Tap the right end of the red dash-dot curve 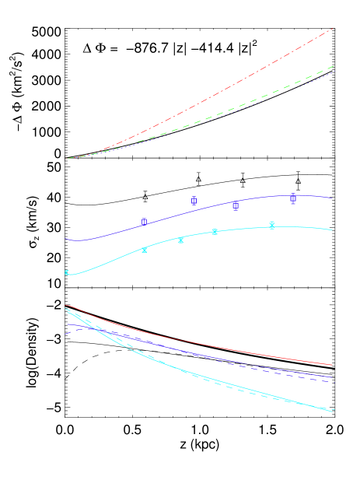coord(333,29)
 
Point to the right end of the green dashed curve coord(333,66)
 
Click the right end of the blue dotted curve coord(333,72)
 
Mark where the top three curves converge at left coord(68,158)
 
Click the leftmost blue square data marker coord(144,222)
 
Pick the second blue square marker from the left coord(194,200)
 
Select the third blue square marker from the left coord(235,206)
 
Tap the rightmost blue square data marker coord(292,198)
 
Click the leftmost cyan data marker coord(67,272)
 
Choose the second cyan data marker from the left coord(144,250)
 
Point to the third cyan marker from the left coord(180,240)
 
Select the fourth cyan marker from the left coord(215,232)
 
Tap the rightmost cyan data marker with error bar coord(271,225)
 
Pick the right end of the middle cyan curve coord(333,230)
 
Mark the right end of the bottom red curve coord(333,365)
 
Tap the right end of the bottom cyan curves coord(333,411)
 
